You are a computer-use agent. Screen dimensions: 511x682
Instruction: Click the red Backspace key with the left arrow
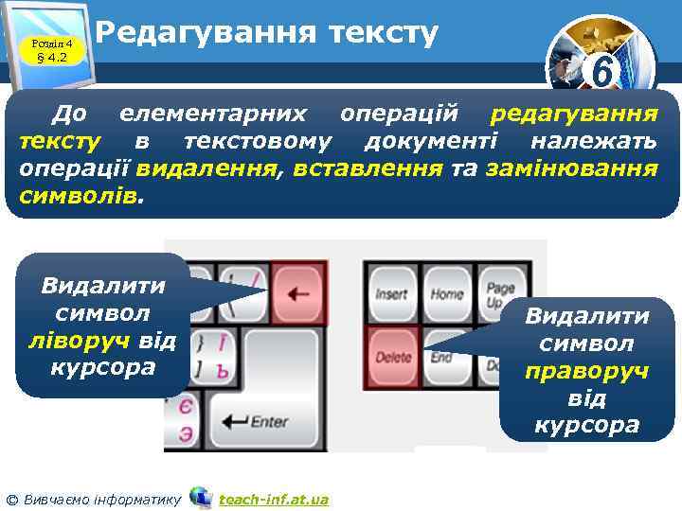298,293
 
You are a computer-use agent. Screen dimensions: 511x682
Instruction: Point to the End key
442,357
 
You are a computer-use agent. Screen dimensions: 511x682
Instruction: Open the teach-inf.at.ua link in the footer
273,499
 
